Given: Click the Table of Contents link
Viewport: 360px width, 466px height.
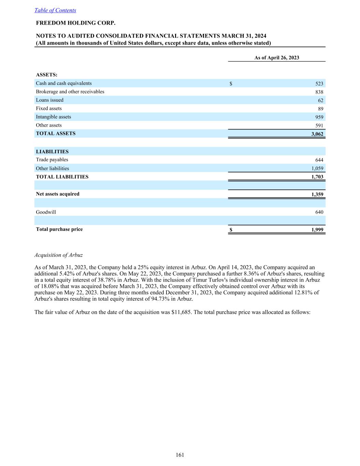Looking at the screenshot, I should click(x=55, y=10).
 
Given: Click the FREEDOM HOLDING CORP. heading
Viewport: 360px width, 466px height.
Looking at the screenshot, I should click(x=76, y=23).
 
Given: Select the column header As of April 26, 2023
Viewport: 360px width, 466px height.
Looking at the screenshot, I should click(x=276, y=58).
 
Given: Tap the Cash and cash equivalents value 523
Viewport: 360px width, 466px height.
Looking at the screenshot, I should click(x=319, y=84).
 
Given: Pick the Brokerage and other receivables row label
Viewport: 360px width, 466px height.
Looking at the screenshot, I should click(x=70, y=92).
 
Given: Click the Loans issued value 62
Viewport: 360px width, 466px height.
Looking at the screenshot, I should click(x=320, y=100).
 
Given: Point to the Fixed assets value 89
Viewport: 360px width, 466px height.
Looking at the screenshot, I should click(x=320, y=109).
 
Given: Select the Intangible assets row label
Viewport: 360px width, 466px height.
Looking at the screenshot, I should click(x=54, y=117).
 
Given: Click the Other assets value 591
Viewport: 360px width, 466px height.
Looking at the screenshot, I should click(x=319, y=126).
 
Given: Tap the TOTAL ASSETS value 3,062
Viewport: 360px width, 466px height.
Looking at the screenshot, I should click(x=317, y=134).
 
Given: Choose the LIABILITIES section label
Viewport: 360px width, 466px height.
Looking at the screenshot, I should click(x=52, y=152).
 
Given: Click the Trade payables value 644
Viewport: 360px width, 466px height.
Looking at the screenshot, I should click(x=319, y=160).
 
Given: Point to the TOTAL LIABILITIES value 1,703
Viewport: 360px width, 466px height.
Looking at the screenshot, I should click(x=317, y=177).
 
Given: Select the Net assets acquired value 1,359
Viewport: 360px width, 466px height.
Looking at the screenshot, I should click(x=317, y=194).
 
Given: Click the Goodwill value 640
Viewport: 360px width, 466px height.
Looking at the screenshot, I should click(x=319, y=212).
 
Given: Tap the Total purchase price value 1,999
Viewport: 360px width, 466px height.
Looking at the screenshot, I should click(x=317, y=230).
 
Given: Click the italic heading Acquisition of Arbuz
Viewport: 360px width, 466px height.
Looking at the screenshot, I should click(x=59, y=255).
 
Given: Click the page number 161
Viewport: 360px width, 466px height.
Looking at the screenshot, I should click(x=180, y=455).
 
